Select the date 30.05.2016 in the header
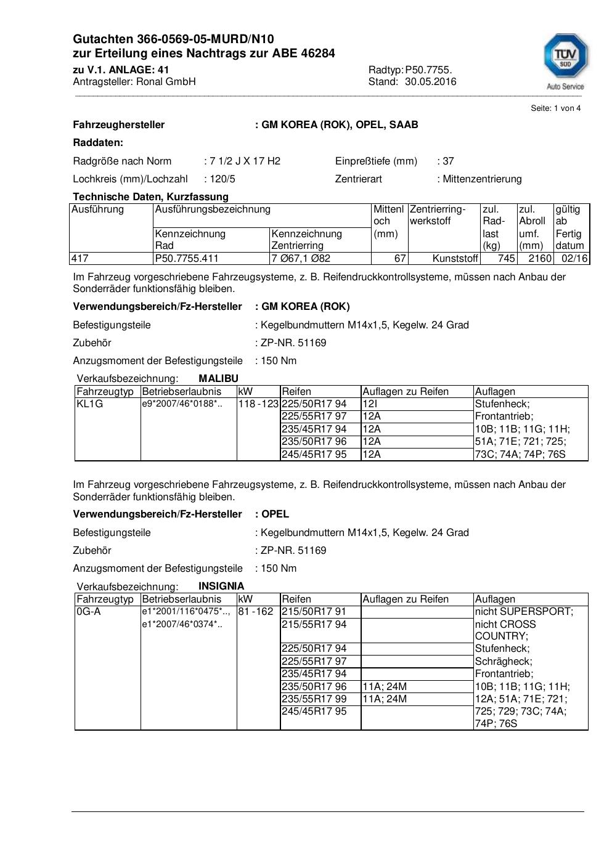pos(430,82)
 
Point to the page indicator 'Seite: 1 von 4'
pos(555,108)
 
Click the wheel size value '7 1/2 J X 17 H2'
pos(245,161)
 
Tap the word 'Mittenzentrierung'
pos(482,179)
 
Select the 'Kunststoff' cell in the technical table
pos(455,259)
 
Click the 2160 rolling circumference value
pos(540,259)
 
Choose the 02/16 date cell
pos(574,259)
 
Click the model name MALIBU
pos(218,379)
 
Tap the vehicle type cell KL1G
pos(89,404)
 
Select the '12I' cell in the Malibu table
pos(370,404)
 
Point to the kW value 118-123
pos(258,404)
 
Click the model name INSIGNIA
pos(221,587)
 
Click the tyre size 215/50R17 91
pos(314,612)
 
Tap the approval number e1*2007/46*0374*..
pos(182,625)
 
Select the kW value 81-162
pos(256,612)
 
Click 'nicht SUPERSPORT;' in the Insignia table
pos(524,612)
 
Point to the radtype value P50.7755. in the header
pos(428,70)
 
